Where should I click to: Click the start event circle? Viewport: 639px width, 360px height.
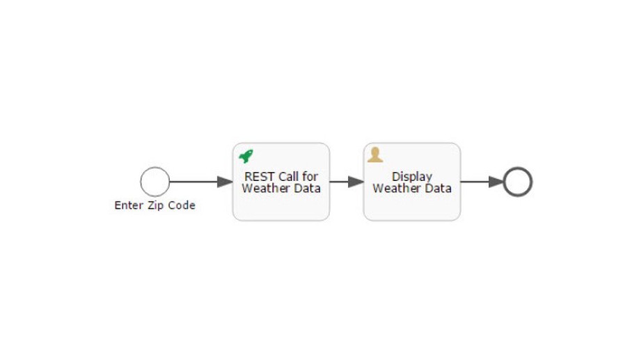(155, 182)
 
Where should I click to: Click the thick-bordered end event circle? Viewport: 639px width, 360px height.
(517, 182)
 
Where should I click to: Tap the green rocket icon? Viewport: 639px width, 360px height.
(246, 157)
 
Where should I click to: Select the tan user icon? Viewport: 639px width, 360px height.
(375, 155)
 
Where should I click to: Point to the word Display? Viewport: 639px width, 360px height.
(412, 176)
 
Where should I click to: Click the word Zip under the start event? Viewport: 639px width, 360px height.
(157, 205)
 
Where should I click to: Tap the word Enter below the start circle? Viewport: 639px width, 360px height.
(129, 205)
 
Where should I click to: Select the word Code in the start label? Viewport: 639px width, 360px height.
(182, 205)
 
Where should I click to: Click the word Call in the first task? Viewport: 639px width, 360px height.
(290, 176)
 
